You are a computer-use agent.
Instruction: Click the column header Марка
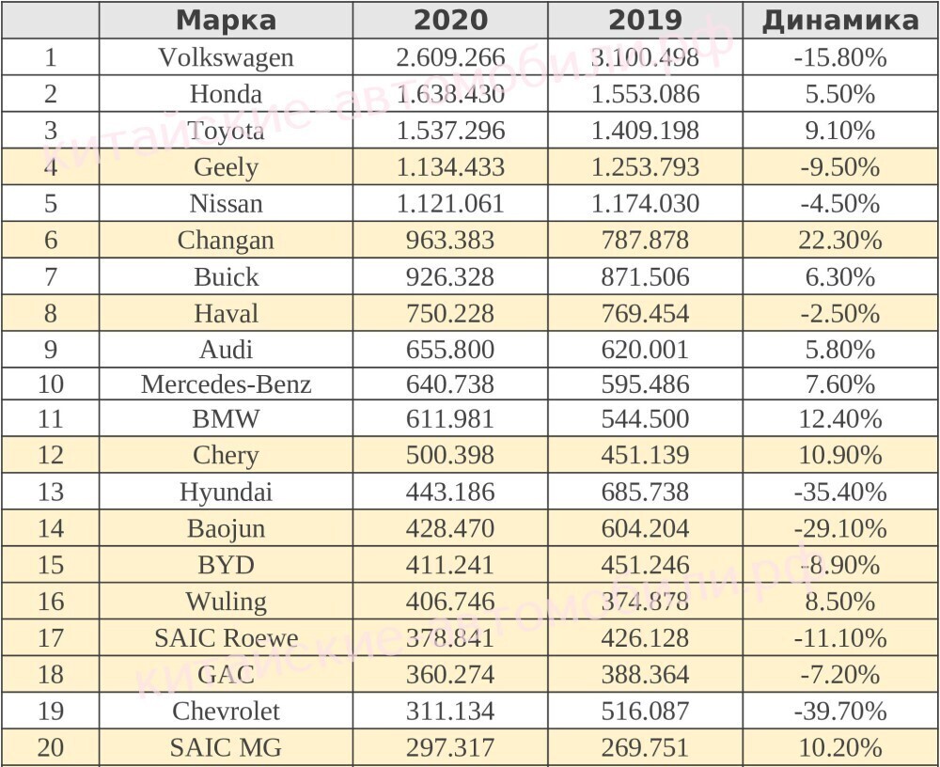[x=226, y=21]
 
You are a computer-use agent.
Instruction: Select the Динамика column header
[x=839, y=21]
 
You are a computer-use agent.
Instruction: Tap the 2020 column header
[x=450, y=21]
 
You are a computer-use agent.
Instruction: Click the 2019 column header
[x=645, y=21]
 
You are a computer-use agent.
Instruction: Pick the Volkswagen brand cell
[x=226, y=57]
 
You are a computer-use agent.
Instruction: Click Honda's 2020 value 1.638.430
[x=450, y=94]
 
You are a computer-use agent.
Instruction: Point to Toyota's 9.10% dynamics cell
[x=839, y=131]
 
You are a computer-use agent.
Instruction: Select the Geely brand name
[x=226, y=167]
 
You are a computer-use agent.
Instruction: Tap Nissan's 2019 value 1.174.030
[x=645, y=204]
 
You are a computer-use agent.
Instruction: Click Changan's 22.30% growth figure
[x=839, y=241]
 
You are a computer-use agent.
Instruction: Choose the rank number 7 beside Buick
[x=50, y=277]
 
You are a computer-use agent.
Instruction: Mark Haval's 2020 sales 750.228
[x=450, y=313]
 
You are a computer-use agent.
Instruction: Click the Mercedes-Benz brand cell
[x=226, y=384]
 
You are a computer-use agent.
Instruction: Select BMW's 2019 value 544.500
[x=645, y=419]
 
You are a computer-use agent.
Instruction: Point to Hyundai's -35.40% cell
[x=839, y=492]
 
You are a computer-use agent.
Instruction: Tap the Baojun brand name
[x=226, y=528]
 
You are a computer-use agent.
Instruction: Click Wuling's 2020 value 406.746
[x=450, y=602]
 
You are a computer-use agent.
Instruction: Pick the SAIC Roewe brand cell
[x=226, y=638]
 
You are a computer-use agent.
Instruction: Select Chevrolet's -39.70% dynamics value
[x=839, y=712]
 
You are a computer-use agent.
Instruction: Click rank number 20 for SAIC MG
[x=50, y=748]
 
